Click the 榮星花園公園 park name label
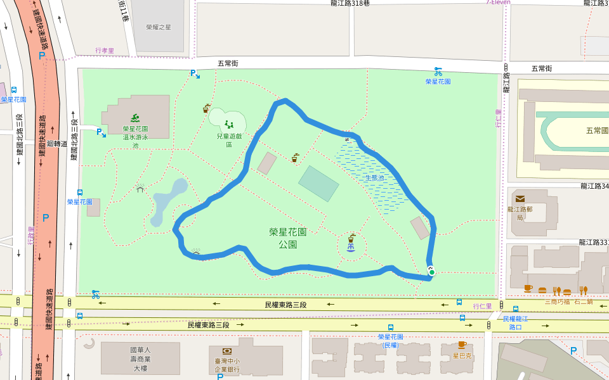pyautogui.click(x=287, y=238)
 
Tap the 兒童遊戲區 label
pyautogui.click(x=229, y=140)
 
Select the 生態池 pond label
pyautogui.click(x=374, y=178)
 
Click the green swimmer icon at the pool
pyautogui.click(x=135, y=117)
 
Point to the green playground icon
pyautogui.click(x=229, y=124)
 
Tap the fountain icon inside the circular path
pyautogui.click(x=351, y=239)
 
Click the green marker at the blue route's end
pyautogui.click(x=431, y=272)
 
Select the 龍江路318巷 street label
pyautogui.click(x=350, y=3)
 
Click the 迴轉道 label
pyautogui.click(x=57, y=144)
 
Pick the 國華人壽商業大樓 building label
pyautogui.click(x=140, y=358)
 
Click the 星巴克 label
pyautogui.click(x=462, y=355)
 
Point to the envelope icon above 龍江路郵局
pyautogui.click(x=520, y=199)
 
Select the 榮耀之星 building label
pyautogui.click(x=158, y=27)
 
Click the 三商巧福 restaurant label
pyautogui.click(x=557, y=301)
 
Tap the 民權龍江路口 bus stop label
pyautogui.click(x=515, y=323)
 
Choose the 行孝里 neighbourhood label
pyautogui.click(x=105, y=51)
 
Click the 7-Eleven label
pyautogui.click(x=498, y=3)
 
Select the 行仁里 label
pyautogui.click(x=482, y=306)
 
